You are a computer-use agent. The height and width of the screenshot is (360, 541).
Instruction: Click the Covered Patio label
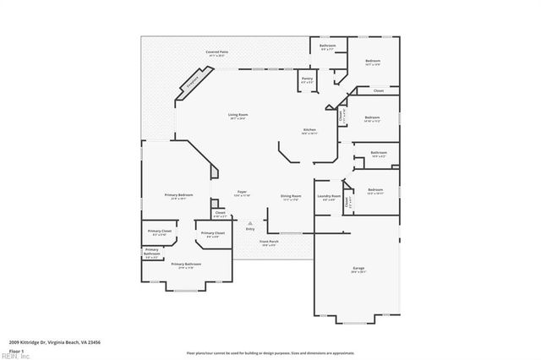coord(217,52)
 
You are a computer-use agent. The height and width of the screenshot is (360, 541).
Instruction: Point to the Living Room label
coord(238,116)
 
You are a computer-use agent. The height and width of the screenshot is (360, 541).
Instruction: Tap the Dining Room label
coord(291,197)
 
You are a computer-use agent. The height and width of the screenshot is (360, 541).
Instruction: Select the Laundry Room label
coord(329,197)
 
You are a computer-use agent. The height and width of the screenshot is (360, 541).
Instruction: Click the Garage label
coord(358,270)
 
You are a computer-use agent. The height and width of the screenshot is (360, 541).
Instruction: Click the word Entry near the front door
coord(250,229)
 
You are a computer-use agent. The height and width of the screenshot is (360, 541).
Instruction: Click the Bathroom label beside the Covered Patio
coord(327,46)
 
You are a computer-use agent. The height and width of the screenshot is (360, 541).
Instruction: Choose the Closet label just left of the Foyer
coord(219,213)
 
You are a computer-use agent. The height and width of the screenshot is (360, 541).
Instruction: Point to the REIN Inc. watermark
coord(14,355)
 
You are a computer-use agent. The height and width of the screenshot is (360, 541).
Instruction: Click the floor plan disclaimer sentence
coord(270,352)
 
